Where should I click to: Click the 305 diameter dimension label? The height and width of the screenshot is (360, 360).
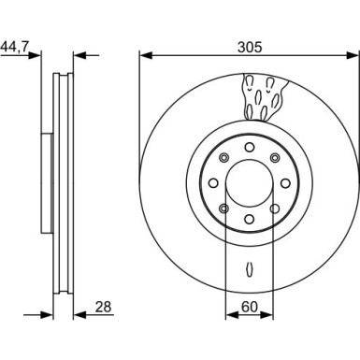pos(250,48)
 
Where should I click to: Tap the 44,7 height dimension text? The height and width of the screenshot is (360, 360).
pos(15,47)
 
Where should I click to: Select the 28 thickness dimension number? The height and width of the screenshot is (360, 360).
pos(103,307)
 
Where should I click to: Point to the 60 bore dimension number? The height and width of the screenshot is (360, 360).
pos(250,307)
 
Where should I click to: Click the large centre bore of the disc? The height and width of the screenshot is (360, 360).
pos(250,183)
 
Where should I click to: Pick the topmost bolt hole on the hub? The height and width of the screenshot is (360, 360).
pos(250,147)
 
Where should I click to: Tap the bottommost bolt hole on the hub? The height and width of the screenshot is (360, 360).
pos(250,220)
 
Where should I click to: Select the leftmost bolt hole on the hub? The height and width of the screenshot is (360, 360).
pos(213,183)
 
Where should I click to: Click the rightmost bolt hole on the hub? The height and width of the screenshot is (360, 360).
pos(285,183)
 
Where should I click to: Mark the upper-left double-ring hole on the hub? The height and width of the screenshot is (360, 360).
pos(223,158)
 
